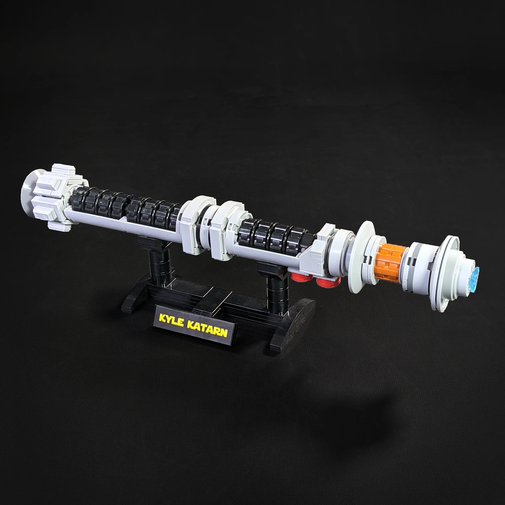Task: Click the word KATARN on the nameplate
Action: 207,328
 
